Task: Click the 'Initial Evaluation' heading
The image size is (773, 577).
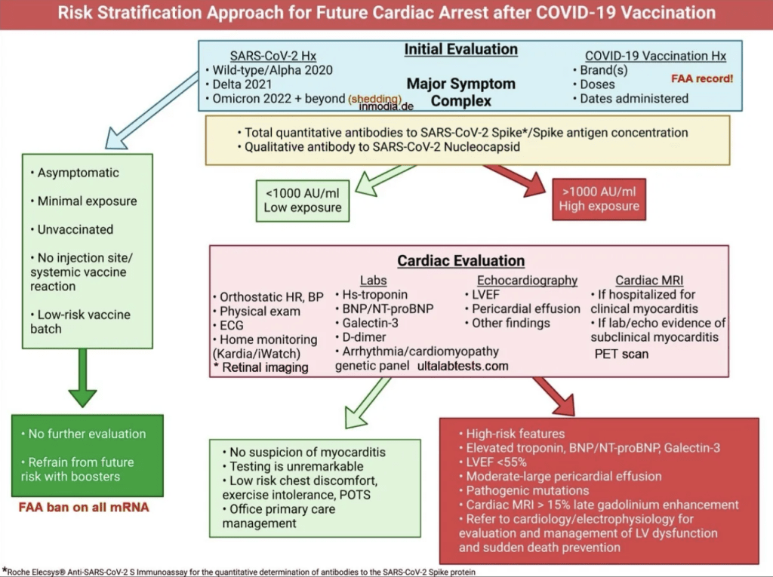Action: pos(461,49)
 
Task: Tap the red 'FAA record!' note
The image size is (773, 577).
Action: pos(702,78)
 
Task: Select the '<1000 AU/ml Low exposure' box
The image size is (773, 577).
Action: pos(303,201)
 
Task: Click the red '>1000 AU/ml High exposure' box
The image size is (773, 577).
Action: pos(599,199)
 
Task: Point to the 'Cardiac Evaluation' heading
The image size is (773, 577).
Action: pos(461,261)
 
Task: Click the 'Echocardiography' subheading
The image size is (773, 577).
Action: pos(527,281)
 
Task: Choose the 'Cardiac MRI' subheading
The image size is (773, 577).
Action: pos(649,281)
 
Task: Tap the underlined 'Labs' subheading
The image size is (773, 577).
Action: pos(373,281)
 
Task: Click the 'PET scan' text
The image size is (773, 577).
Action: pos(621,354)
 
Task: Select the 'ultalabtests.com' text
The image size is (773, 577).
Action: pos(463,366)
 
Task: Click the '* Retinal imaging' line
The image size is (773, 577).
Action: pos(260,367)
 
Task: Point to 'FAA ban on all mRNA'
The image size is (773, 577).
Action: pos(84,508)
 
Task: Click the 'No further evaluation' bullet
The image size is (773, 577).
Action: pos(84,434)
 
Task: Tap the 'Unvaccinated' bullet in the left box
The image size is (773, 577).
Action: pos(72,229)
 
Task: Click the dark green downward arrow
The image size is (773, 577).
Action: pos(82,378)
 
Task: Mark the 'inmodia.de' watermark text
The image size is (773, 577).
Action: pos(386,106)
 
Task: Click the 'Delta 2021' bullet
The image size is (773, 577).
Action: pos(239,84)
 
